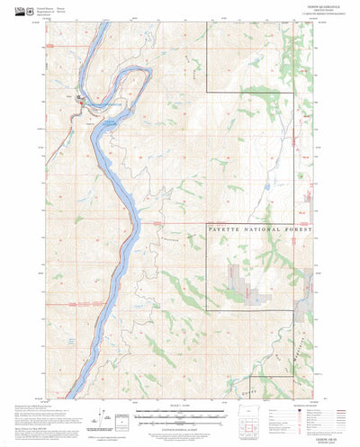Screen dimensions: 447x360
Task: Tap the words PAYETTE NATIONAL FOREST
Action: [x=260, y=231]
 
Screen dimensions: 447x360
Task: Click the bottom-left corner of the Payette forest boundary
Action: [x=206, y=310]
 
